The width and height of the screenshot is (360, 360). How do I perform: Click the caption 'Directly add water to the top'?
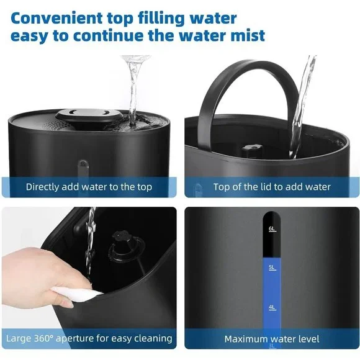click(89, 187)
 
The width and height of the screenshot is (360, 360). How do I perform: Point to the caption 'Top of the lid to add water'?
click(272, 187)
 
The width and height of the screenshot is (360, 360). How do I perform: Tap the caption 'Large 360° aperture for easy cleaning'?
click(89, 338)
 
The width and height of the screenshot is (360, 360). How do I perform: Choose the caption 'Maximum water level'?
click(272, 339)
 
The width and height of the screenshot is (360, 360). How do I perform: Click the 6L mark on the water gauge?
click(272, 228)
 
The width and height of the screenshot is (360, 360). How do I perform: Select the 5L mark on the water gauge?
click(272, 268)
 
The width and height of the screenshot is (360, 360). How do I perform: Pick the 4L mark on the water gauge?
click(272, 307)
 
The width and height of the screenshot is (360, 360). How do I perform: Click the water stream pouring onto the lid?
click(132, 87)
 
